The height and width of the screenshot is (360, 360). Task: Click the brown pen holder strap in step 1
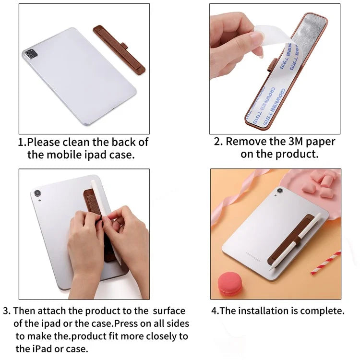coord(119,49)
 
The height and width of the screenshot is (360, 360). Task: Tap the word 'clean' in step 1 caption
coord(93,143)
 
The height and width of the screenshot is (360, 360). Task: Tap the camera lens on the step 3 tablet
coord(37,193)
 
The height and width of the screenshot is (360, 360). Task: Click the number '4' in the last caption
coord(215,311)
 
